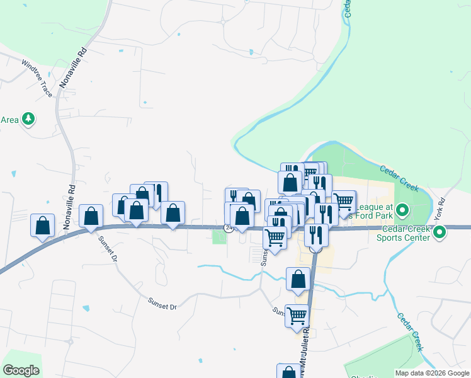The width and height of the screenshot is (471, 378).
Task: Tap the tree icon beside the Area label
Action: [x=28, y=118]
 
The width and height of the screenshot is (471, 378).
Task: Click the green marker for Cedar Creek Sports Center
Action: [x=441, y=232]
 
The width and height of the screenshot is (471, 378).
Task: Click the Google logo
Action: [x=21, y=370]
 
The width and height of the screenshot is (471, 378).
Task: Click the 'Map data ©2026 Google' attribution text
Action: [x=432, y=373]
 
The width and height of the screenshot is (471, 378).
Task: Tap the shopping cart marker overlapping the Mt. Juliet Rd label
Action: [x=297, y=316]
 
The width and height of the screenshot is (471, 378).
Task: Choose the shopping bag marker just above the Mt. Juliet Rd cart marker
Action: [x=298, y=278]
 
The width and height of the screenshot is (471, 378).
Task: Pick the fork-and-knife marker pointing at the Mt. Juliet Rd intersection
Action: [x=316, y=236]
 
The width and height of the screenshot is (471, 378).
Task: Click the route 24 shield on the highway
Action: [x=229, y=228]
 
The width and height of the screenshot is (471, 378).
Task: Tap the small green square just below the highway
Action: [x=219, y=237]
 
